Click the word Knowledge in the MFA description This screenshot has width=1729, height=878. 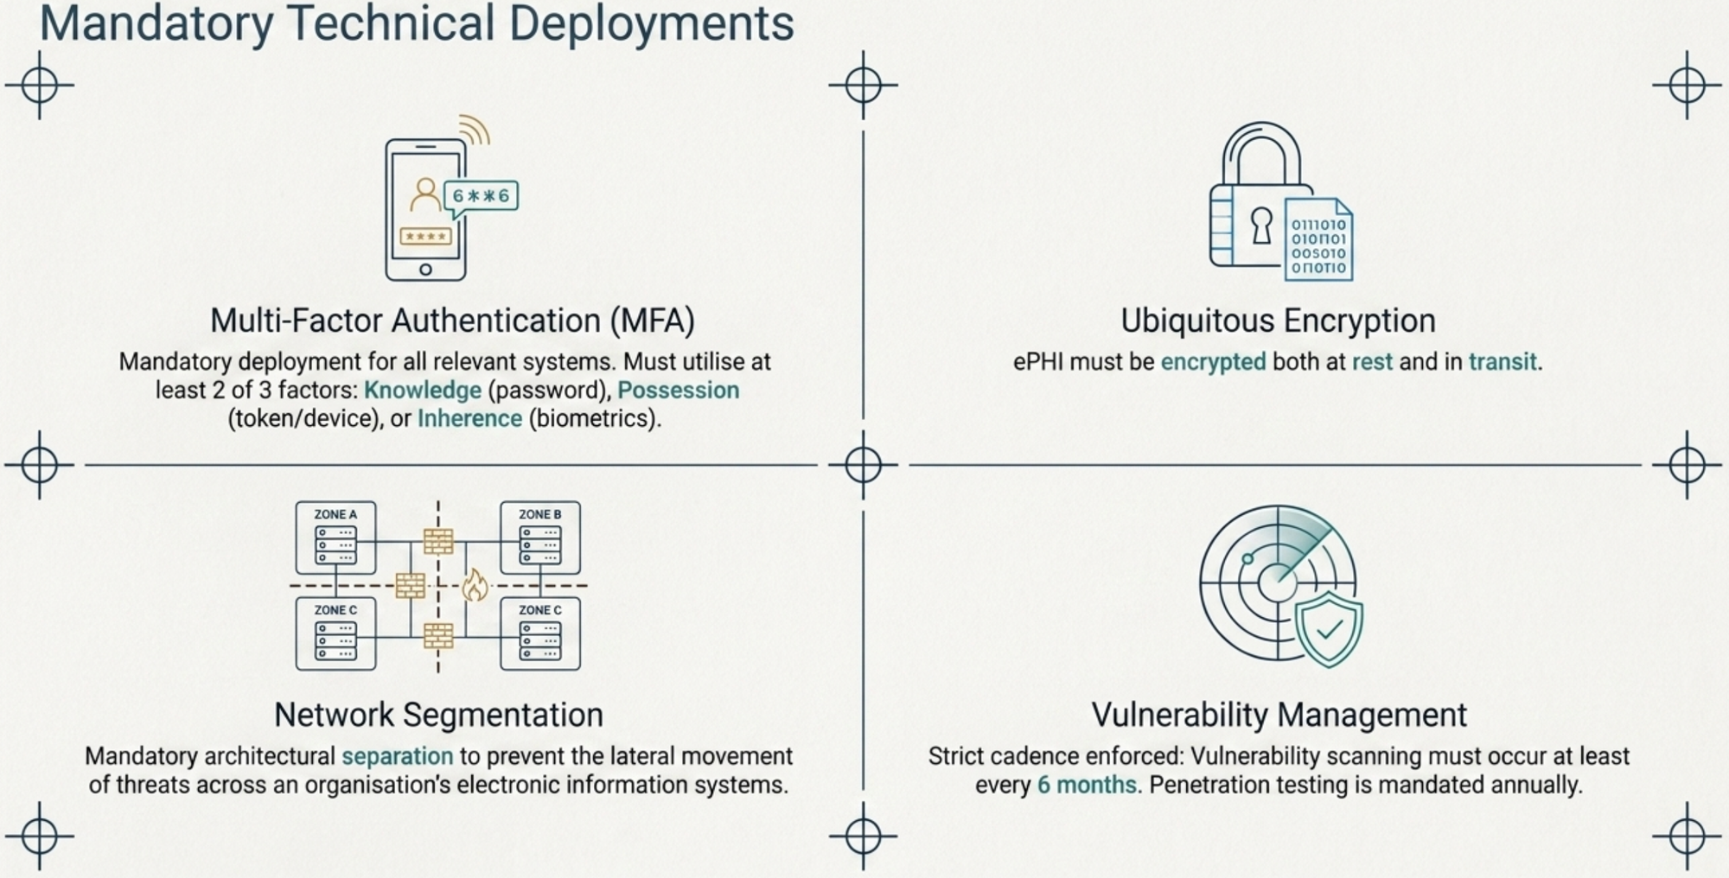pyautogui.click(x=423, y=391)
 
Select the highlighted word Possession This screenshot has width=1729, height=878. pyautogui.click(x=679, y=391)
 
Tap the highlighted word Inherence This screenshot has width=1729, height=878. pyautogui.click(x=470, y=419)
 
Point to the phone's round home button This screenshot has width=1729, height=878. pyautogui.click(x=425, y=270)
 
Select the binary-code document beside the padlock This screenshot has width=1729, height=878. pyautogui.click(x=1318, y=239)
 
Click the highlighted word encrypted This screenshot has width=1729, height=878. pyautogui.click(x=1213, y=362)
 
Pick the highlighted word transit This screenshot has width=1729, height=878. pyautogui.click(x=1503, y=362)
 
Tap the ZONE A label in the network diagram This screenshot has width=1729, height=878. pyautogui.click(x=335, y=514)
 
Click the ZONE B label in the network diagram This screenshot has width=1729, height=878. pyautogui.click(x=540, y=514)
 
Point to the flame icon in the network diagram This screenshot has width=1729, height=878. pyautogui.click(x=474, y=585)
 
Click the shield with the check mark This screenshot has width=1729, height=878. pyautogui.click(x=1329, y=629)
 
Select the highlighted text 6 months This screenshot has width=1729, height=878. pyautogui.click(x=1087, y=786)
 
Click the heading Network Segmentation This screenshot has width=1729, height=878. pyautogui.click(x=438, y=716)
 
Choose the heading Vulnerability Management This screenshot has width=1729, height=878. pyautogui.click(x=1279, y=716)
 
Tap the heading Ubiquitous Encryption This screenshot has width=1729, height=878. pyautogui.click(x=1278, y=321)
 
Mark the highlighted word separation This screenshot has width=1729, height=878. pyautogui.click(x=398, y=757)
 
